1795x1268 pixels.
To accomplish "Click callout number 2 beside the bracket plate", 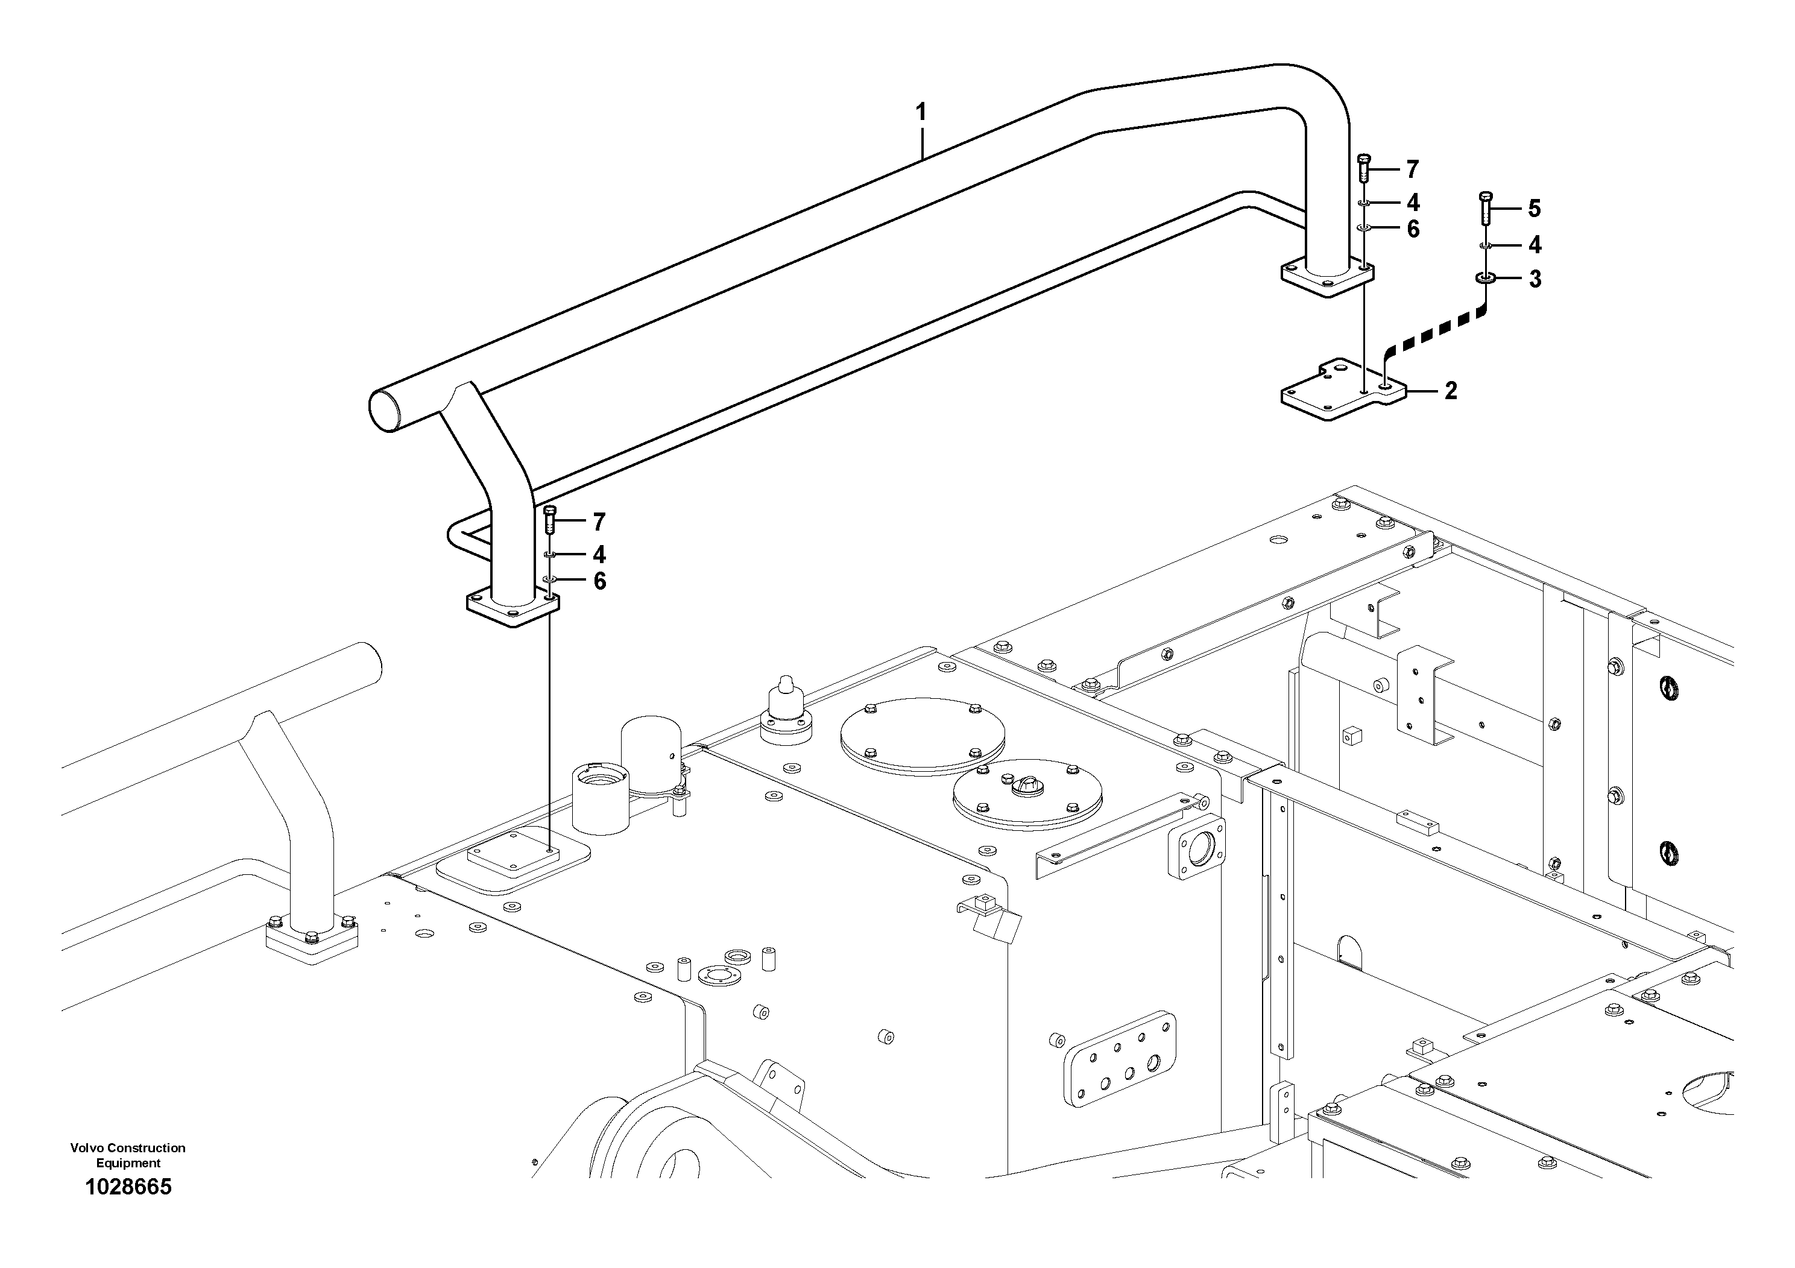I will point(1451,391).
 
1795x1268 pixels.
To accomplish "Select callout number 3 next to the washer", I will point(1535,279).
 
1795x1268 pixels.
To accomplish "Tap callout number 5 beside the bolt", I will point(1534,209).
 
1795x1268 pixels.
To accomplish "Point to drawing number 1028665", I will point(128,1187).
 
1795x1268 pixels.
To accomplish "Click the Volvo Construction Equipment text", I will point(128,1154).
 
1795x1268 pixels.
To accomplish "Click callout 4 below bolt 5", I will point(1535,245).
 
